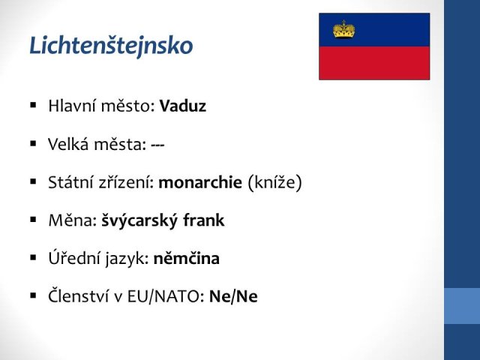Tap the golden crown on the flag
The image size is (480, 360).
343,30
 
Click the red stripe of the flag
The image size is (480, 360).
374,63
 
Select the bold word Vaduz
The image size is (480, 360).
183,106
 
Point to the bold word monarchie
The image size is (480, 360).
200,182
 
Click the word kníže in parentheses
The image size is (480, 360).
275,182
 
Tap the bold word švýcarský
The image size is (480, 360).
139,220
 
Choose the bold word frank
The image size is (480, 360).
203,220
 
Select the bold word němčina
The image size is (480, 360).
187,258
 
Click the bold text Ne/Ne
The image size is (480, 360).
233,296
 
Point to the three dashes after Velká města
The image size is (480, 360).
157,145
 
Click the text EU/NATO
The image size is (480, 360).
163,296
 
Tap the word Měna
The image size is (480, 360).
70,220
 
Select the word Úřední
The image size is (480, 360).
73,258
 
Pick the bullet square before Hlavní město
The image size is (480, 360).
33,106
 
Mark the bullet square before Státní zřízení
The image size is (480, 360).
33,181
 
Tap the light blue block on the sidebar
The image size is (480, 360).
462,306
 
